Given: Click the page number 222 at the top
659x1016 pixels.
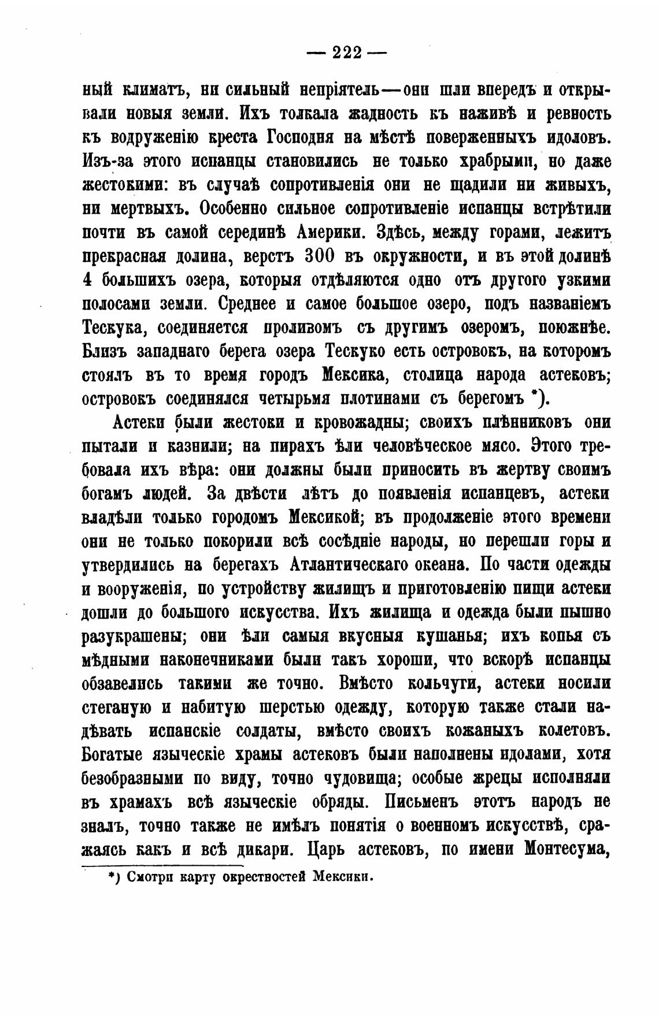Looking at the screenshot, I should pos(347,53).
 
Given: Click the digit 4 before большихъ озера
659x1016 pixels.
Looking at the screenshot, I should pos(88,280).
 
